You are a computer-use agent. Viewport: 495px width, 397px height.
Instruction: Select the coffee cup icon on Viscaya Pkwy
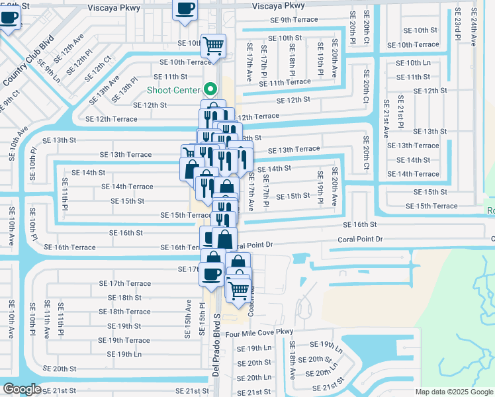coord(185,9)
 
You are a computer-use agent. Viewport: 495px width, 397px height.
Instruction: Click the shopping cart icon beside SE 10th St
coord(213,46)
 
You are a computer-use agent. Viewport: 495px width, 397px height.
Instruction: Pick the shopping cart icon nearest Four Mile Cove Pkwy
coord(238,288)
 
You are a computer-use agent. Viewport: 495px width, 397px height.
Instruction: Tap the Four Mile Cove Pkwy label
coord(257,332)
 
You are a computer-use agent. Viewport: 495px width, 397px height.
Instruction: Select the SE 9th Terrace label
coord(294,20)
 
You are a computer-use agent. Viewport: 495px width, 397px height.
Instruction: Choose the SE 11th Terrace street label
coord(289,82)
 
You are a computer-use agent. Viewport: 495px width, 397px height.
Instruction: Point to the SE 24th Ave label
coord(474,26)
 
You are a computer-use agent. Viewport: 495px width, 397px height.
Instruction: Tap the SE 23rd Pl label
coord(457,26)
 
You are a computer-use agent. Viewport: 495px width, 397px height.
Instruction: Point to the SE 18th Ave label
coord(292,360)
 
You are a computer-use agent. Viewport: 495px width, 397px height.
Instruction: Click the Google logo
coord(22,389)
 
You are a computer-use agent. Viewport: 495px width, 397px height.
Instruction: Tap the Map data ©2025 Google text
coord(453,392)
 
